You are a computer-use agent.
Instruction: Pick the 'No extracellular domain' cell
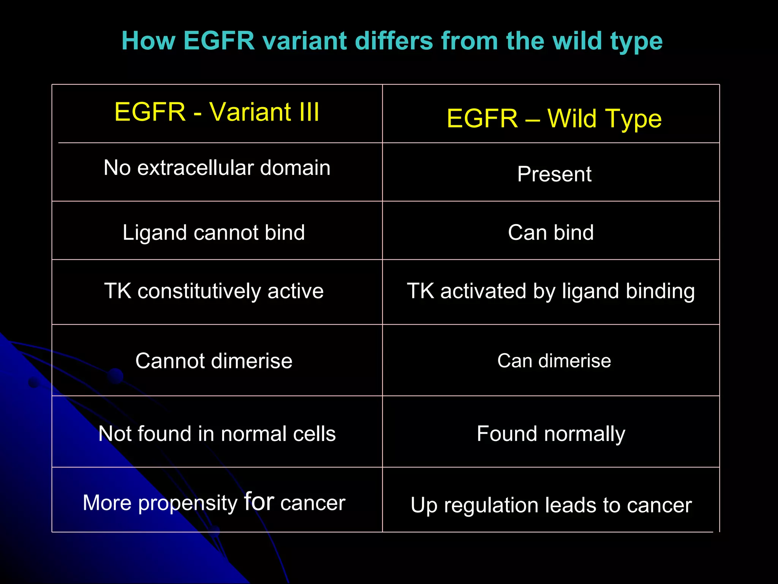217,168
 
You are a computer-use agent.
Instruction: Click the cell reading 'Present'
554,174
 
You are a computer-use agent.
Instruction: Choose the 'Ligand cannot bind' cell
213,232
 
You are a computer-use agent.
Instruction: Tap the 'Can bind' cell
550,232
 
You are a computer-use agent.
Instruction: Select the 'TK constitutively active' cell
213,291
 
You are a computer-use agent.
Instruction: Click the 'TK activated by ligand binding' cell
550,291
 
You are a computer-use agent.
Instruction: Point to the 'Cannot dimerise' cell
213,360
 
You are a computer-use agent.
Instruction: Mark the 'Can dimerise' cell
554,360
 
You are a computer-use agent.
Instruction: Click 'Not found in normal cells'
217,433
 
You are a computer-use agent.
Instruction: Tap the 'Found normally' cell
550,433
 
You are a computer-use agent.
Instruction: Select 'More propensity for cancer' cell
213,503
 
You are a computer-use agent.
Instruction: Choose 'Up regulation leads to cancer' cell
550,505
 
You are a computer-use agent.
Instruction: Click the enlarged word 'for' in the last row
259,501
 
